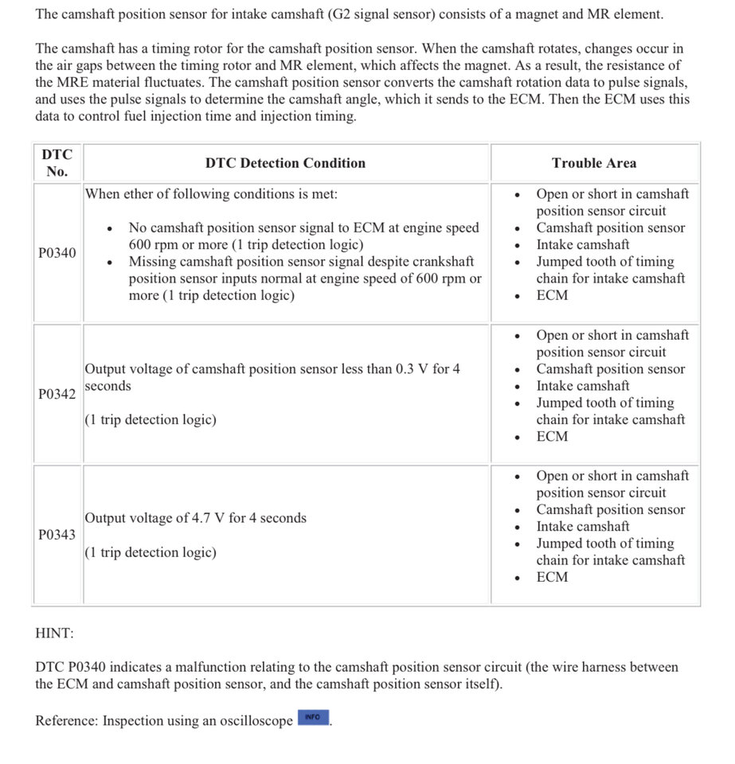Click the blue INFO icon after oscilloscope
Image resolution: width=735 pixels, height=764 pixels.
312,718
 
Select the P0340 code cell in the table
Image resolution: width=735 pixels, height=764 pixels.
57,253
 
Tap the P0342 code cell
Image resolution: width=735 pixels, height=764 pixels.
57,394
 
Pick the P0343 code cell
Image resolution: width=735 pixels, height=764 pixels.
57,535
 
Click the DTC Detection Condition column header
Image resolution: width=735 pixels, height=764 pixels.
285,163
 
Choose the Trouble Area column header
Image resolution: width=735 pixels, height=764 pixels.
594,163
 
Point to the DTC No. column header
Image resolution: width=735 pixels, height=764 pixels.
57,162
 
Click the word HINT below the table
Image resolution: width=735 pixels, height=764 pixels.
53,633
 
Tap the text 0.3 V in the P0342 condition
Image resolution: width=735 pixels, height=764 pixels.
411,369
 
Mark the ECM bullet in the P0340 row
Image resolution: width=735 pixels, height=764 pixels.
552,295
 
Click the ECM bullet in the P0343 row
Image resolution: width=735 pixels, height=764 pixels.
552,577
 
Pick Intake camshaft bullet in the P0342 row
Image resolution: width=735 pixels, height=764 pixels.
582,386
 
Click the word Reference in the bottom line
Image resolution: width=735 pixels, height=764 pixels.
67,721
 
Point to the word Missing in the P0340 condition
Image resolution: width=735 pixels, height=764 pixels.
154,262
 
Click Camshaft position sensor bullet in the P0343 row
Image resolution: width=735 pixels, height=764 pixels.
610,509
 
